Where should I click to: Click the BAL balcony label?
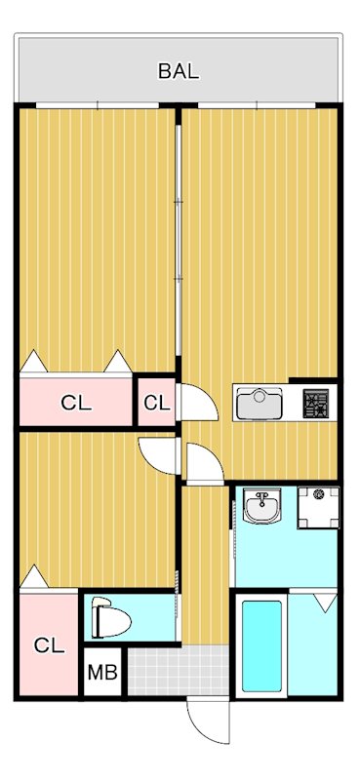pyautogui.click(x=180, y=70)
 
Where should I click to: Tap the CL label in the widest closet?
pyautogui.click(x=76, y=402)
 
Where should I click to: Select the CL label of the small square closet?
pyautogui.click(x=156, y=402)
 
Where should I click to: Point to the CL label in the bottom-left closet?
pyautogui.click(x=49, y=644)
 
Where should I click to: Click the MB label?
pyautogui.click(x=101, y=672)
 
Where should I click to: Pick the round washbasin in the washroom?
pyautogui.click(x=260, y=507)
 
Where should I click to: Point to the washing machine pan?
pyautogui.click(x=317, y=506)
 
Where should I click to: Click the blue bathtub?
pyautogui.click(x=260, y=646)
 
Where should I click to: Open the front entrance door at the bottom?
pyautogui.click(x=207, y=723)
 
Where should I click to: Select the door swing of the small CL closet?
pyautogui.click(x=192, y=401)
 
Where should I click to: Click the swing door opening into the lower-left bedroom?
pyautogui.click(x=156, y=452)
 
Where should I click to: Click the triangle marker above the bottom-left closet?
pyautogui.click(x=34, y=578)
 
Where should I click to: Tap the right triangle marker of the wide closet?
pyautogui.click(x=119, y=362)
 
